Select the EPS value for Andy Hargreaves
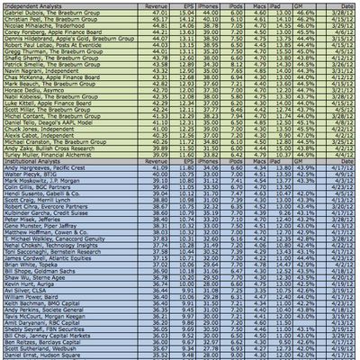pyautogui.click(x=185, y=168)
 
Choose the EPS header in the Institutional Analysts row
pyautogui.click(x=186, y=161)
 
